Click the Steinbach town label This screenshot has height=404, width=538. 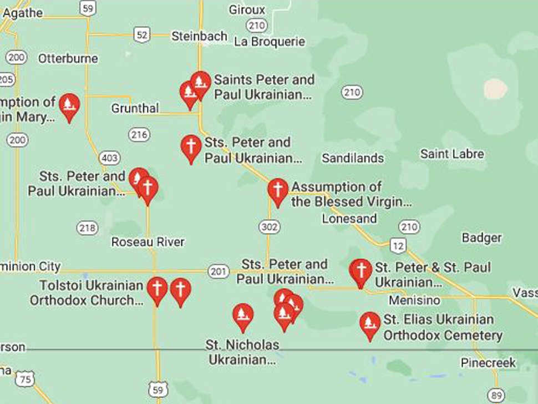coord(199,37)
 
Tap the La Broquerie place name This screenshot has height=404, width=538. coord(270,42)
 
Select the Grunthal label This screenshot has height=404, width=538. coord(135,108)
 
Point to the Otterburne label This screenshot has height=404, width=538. coord(68,58)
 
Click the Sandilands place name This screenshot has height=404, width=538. coord(353,158)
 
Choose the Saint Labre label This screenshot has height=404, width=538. coord(452,154)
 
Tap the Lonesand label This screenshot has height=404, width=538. coord(349,218)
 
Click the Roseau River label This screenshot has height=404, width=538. coord(148,242)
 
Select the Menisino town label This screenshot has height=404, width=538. coord(414,300)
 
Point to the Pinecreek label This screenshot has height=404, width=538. coord(488,363)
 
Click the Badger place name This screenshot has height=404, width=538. coord(481,238)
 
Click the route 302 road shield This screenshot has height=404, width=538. coord(269,226)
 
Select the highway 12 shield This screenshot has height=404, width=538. coord(398,245)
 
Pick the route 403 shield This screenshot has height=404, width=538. coord(109,158)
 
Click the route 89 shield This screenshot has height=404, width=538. coord(496,395)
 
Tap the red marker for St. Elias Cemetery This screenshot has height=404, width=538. coord(370,325)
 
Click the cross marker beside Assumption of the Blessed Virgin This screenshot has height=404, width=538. coord(277,190)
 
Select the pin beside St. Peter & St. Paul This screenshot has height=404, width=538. coord(361,272)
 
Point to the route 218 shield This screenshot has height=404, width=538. coord(87,228)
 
